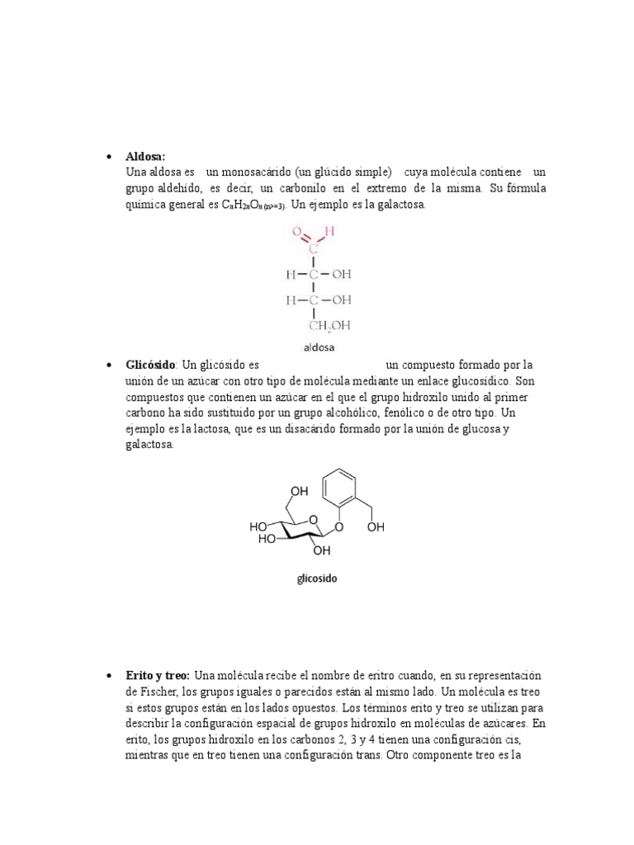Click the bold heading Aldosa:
click(x=145, y=156)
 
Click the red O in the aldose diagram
click(x=296, y=234)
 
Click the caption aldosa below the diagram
click(x=318, y=347)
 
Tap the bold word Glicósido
click(x=150, y=365)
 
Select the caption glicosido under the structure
click(x=317, y=578)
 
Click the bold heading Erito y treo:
click(x=158, y=675)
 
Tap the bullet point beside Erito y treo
click(x=109, y=675)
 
